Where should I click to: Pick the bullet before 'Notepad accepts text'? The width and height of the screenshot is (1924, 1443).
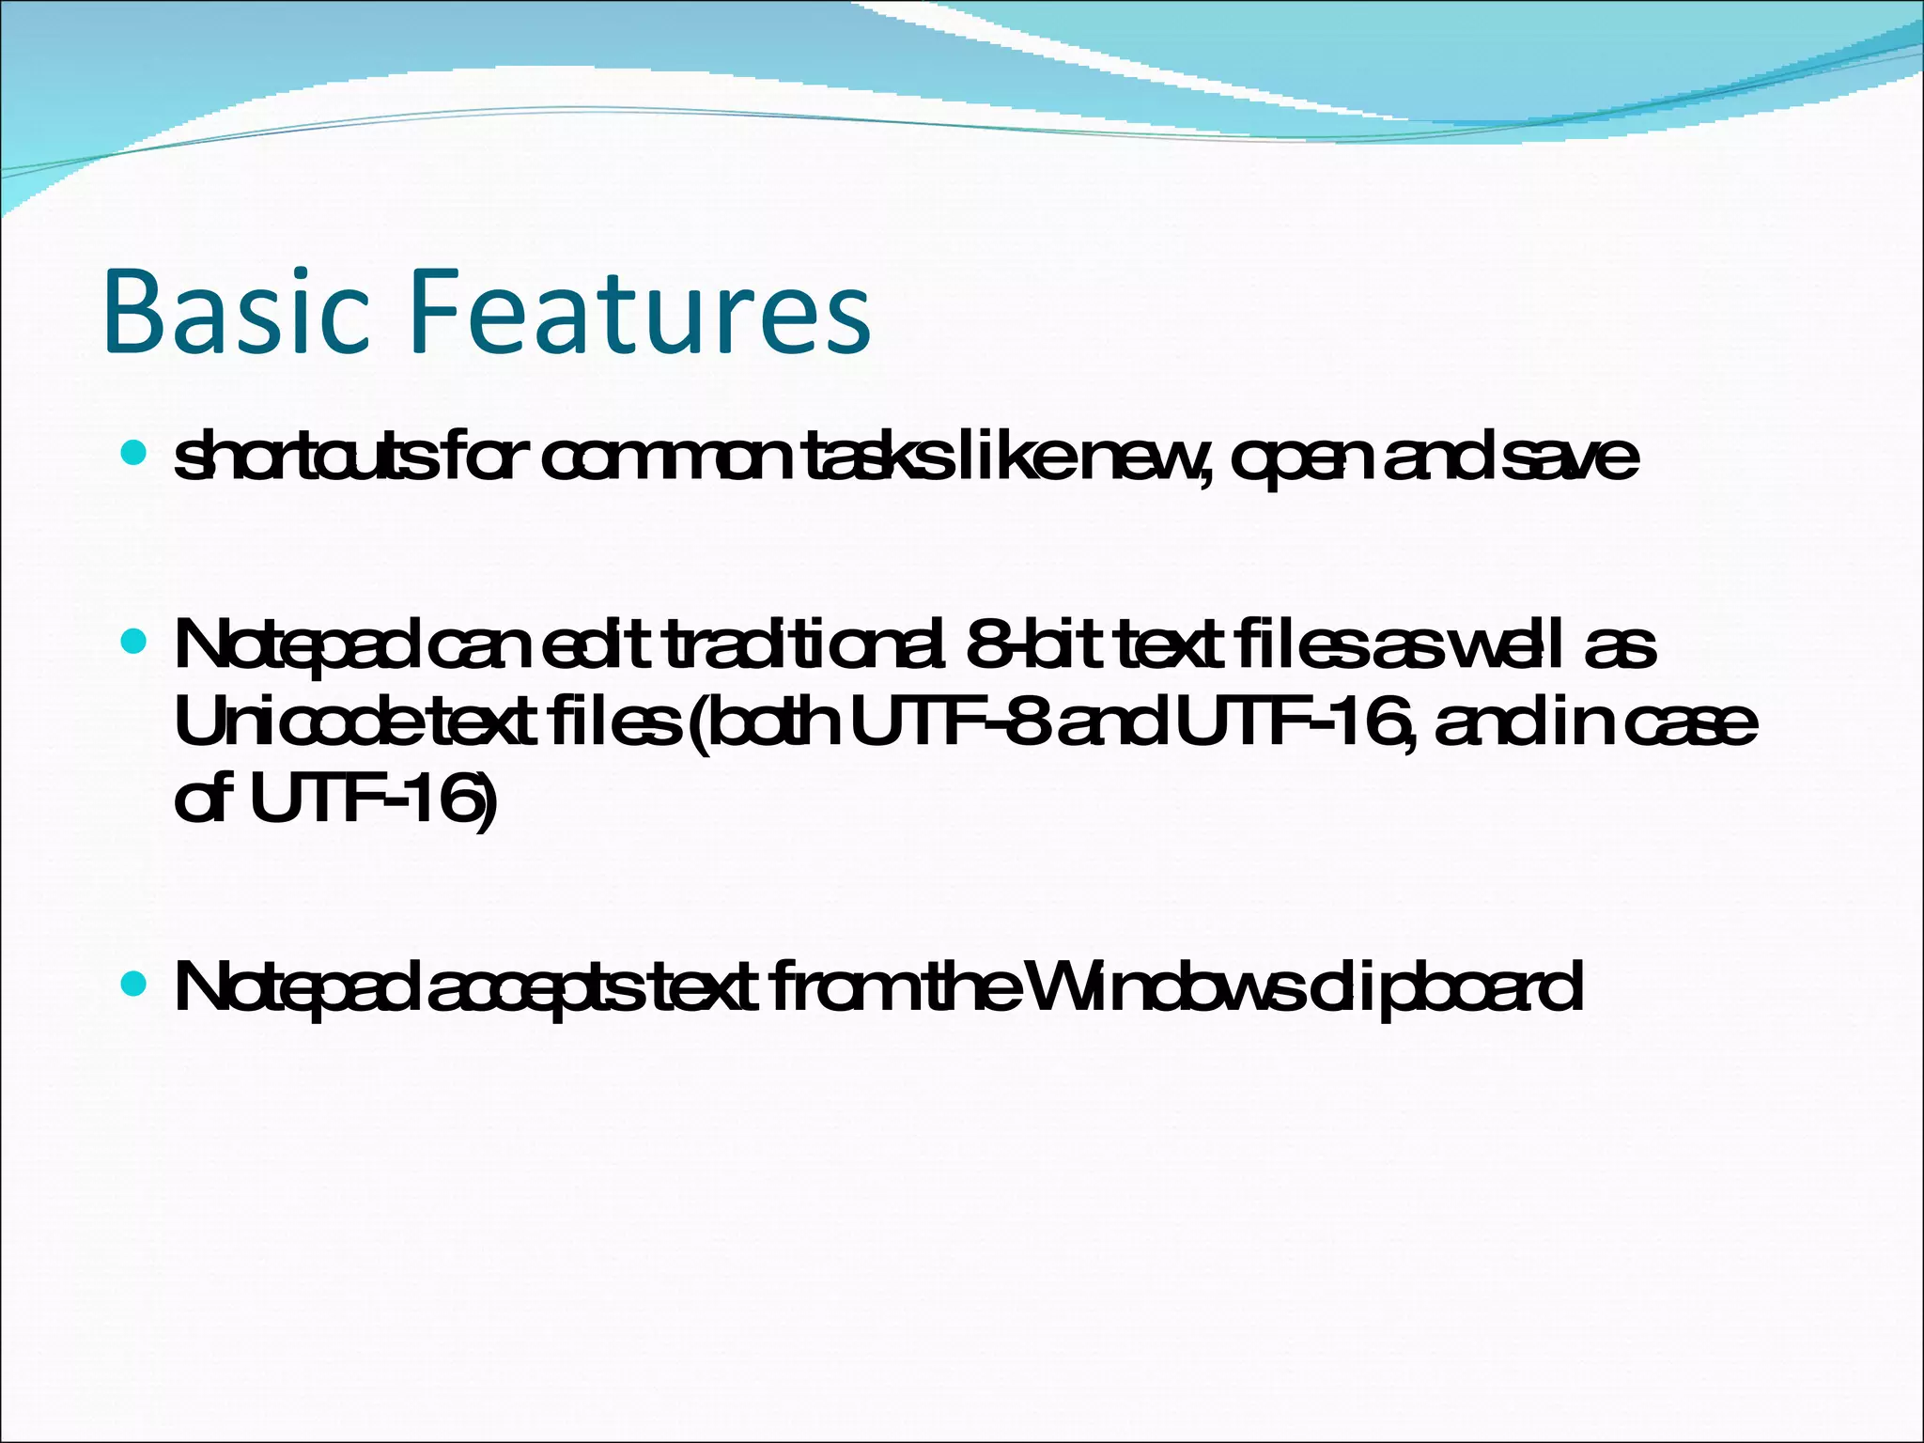[x=134, y=985]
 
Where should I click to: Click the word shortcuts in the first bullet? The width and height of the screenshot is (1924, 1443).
[x=304, y=458]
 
